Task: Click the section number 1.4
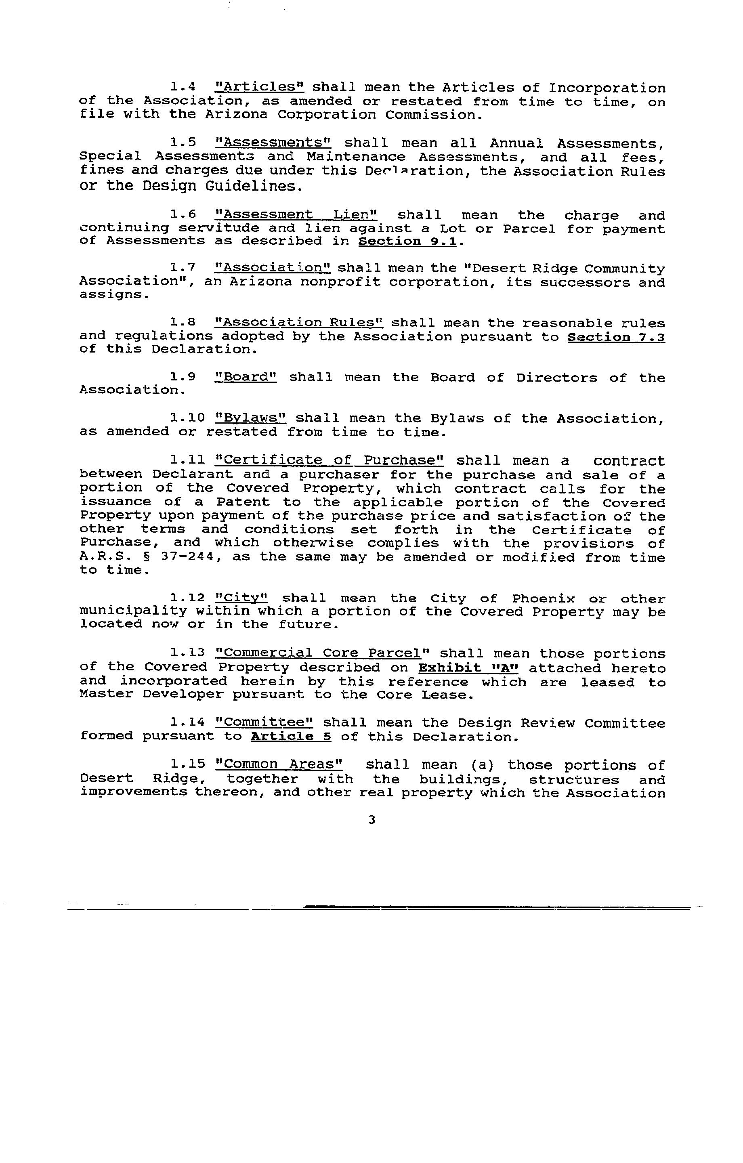tap(183, 87)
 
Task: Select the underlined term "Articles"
tap(259, 87)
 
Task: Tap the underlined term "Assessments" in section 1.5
tap(273, 143)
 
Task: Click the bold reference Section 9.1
tap(407, 241)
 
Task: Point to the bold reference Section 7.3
tap(616, 337)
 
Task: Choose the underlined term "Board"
tap(246, 377)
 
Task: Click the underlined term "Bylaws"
tap(251, 418)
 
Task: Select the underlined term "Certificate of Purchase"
tap(330, 460)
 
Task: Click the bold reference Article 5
tap(291, 737)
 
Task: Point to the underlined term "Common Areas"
tap(279, 764)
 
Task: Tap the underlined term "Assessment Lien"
tap(296, 214)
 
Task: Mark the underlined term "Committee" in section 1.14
tap(264, 722)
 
